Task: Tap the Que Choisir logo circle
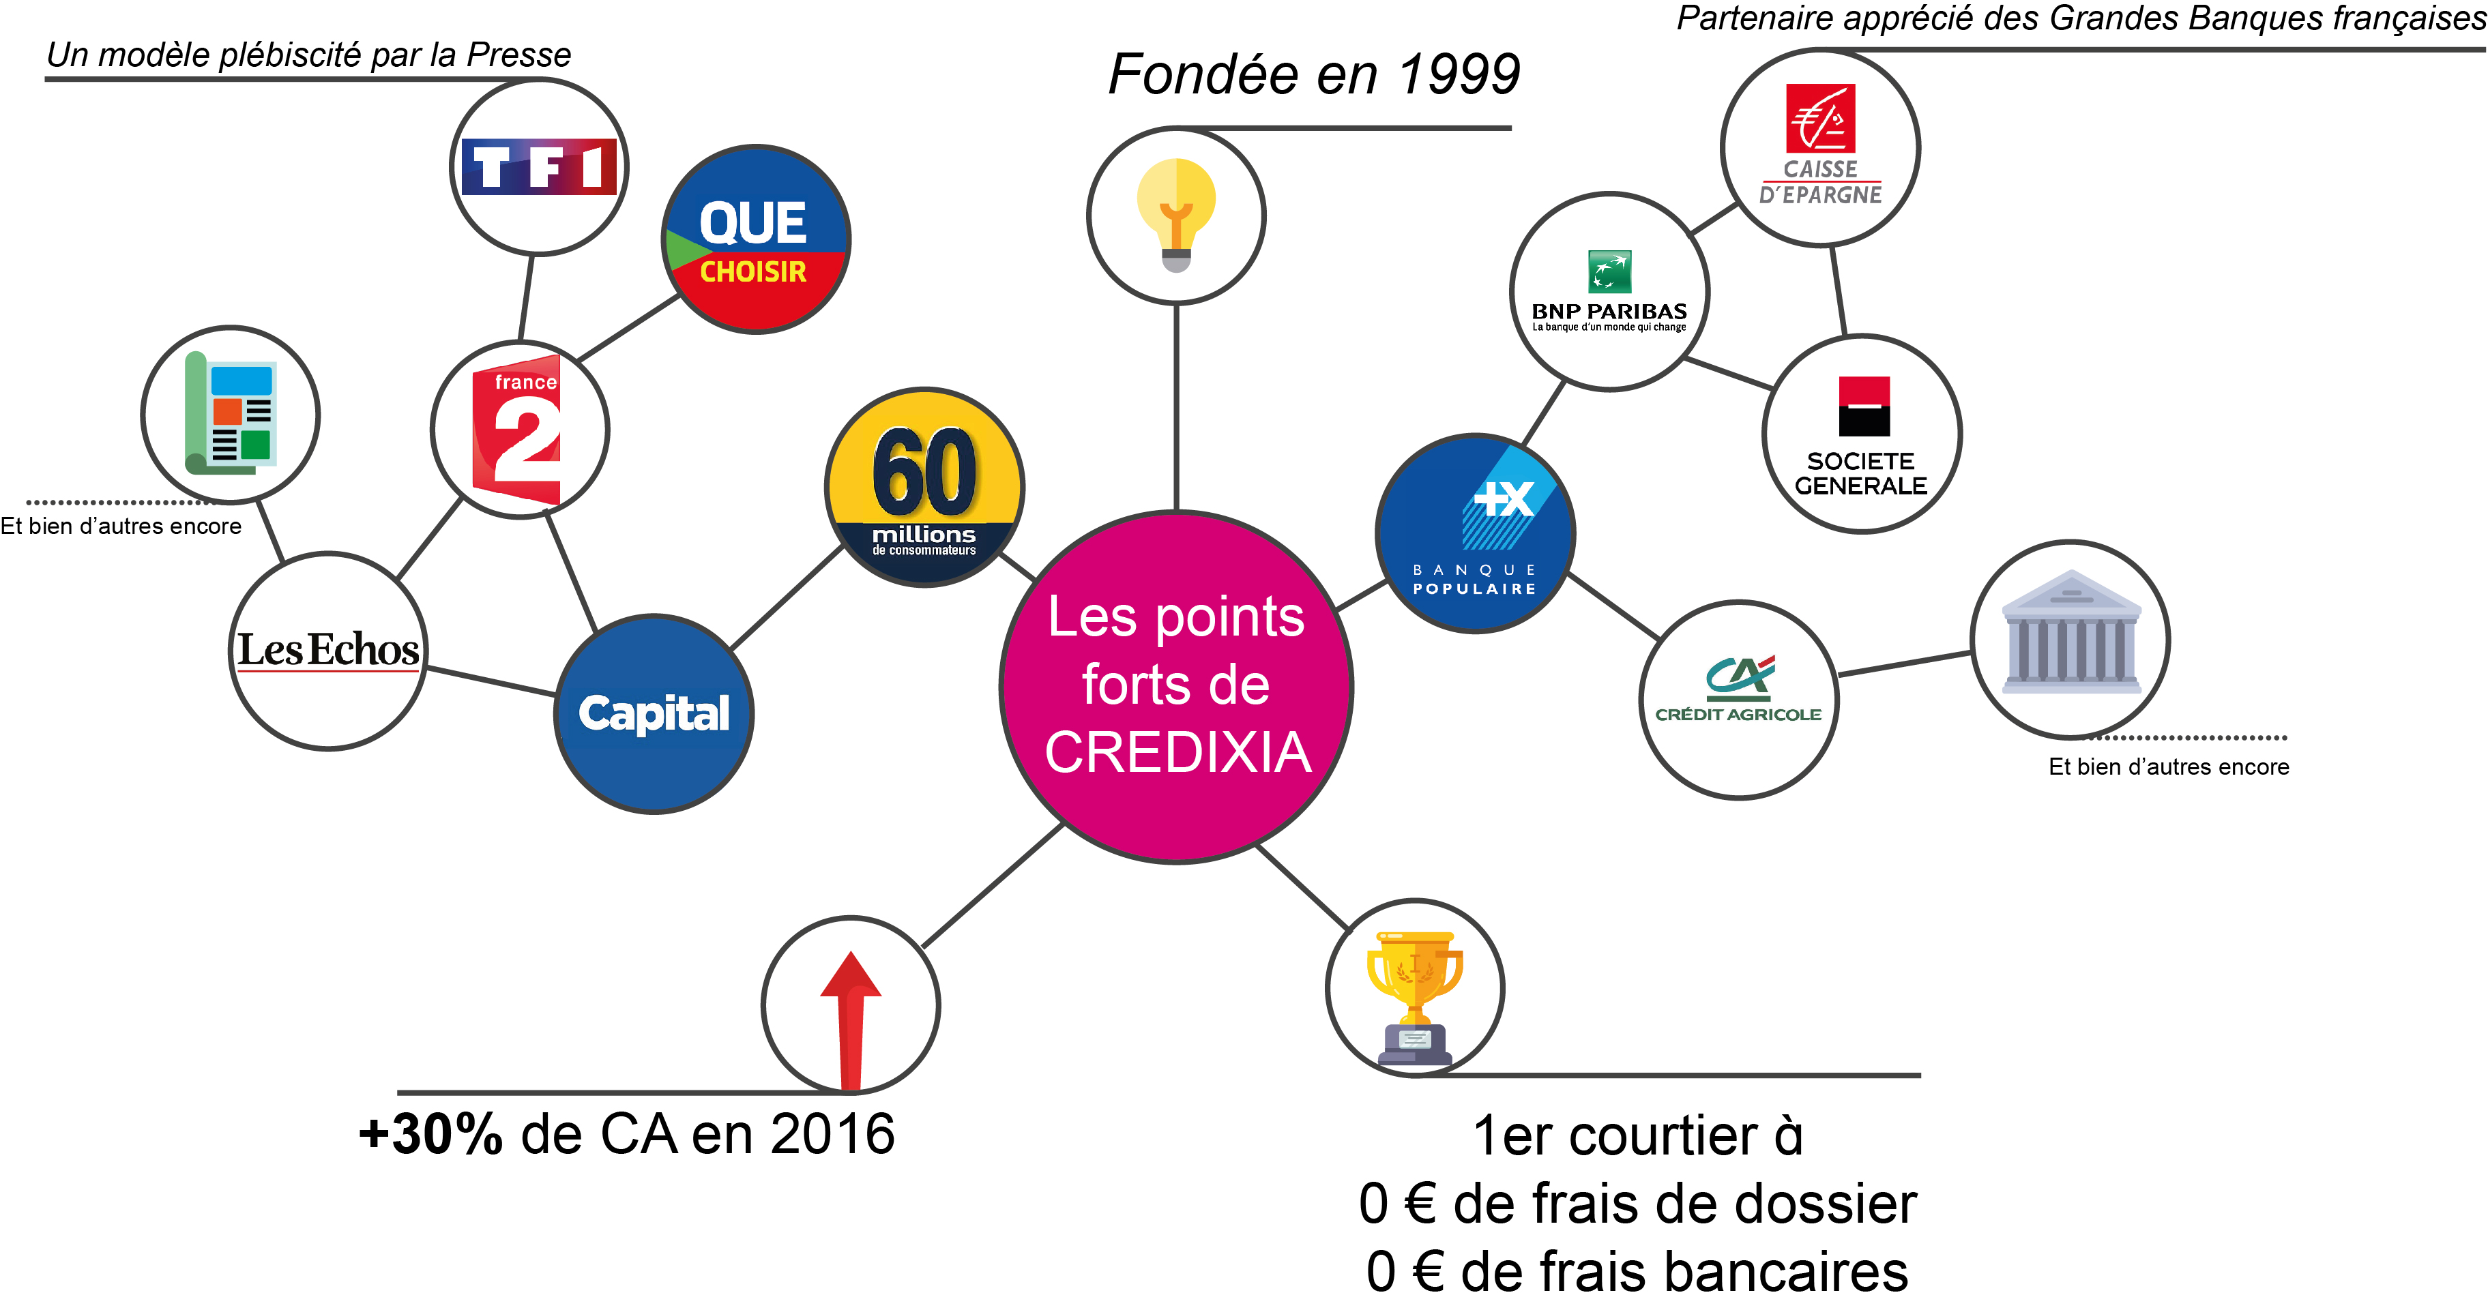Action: pos(755,239)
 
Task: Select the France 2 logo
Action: pos(518,430)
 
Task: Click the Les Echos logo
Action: pos(328,650)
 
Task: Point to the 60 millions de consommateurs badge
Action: pos(924,488)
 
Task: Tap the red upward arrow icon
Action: pos(851,1018)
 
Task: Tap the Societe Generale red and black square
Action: pos(1863,406)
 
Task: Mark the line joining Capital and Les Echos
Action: pos(491,681)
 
